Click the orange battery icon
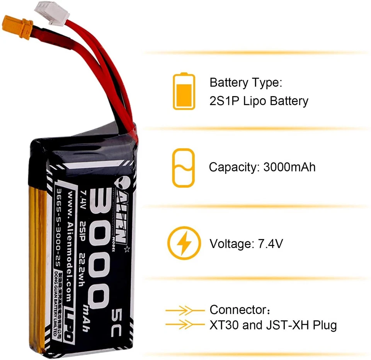(184, 91)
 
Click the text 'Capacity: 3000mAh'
(262, 167)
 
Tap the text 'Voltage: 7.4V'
(247, 244)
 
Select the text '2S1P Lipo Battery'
(259, 101)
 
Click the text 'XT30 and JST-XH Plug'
(273, 325)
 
